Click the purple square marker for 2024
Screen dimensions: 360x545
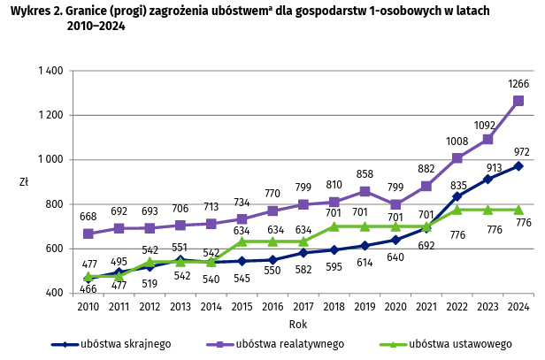(x=518, y=101)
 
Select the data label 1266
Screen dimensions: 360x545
(x=518, y=84)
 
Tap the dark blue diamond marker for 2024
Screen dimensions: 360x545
(x=518, y=166)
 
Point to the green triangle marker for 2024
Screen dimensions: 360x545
(x=518, y=210)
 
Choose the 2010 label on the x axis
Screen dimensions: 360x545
(x=88, y=307)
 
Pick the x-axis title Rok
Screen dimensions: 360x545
(x=298, y=324)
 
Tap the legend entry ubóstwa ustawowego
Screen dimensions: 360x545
(x=442, y=344)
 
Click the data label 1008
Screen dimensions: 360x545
(x=457, y=142)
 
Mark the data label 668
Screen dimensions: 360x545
(x=88, y=218)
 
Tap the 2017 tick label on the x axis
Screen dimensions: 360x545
(x=303, y=307)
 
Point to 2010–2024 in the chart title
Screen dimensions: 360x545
(x=95, y=26)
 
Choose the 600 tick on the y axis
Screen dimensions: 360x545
(x=51, y=249)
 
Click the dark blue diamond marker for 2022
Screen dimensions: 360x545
(x=457, y=196)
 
